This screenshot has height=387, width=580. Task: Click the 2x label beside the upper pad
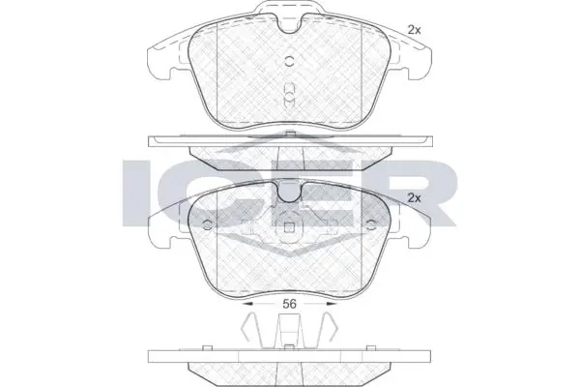tap(415, 30)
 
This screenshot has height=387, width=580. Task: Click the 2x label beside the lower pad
tap(415, 198)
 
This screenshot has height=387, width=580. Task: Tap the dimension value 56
tap(290, 304)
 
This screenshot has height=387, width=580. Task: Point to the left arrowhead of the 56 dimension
tap(247, 304)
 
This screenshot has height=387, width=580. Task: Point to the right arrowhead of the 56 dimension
tap(332, 304)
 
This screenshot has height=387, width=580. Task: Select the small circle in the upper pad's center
tap(290, 62)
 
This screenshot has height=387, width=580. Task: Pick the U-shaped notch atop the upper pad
tap(290, 24)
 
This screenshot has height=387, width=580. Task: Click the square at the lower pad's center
tap(290, 228)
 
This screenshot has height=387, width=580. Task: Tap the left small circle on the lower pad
tap(208, 224)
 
